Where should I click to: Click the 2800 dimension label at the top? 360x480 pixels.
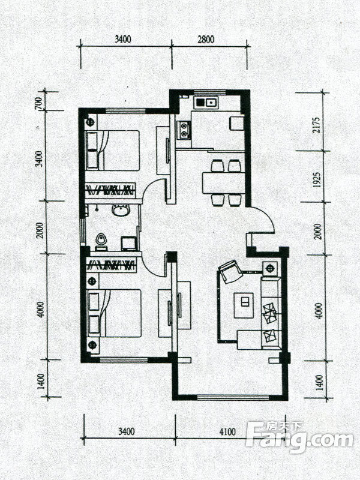206,39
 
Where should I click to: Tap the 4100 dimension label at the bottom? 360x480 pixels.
227,431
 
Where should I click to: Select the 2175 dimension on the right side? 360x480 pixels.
318,125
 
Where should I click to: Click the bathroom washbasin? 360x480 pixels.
121,211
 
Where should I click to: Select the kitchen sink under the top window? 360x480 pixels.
207,102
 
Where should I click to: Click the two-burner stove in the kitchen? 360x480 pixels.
184,130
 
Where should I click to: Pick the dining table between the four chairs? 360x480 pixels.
224,183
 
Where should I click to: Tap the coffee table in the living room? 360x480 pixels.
244,305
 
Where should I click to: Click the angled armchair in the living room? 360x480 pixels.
230,271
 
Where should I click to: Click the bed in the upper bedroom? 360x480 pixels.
113,151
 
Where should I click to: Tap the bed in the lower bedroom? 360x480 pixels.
115,313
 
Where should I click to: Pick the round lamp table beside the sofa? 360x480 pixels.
269,269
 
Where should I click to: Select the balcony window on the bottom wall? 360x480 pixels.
233,398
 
